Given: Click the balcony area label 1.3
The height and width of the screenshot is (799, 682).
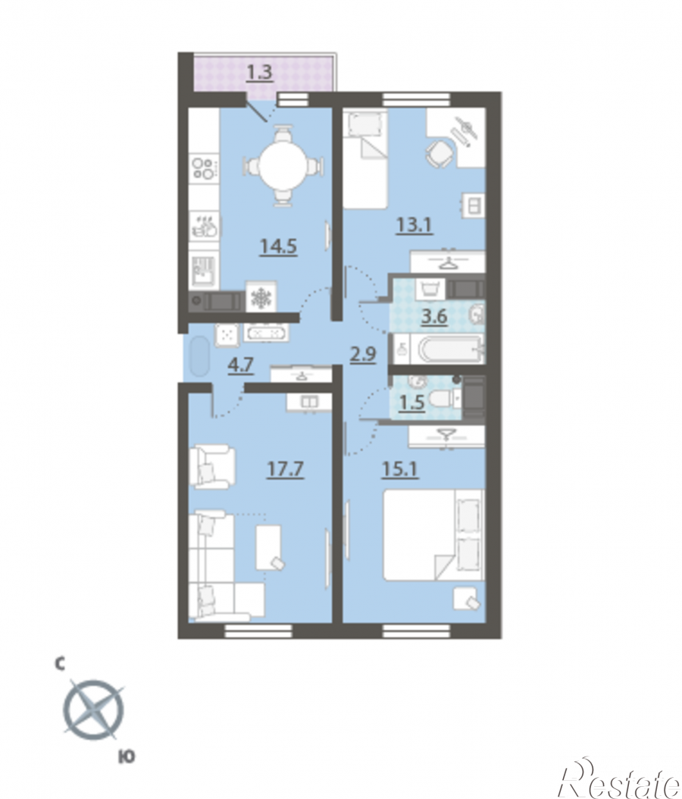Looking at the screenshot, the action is [260, 72].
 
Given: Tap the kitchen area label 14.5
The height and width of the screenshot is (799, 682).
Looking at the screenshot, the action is [279, 246].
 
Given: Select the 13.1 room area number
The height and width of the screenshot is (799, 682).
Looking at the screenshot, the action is [415, 224].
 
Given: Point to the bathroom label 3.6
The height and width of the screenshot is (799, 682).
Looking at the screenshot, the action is [434, 317].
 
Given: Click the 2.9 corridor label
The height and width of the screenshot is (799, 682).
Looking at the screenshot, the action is [363, 354].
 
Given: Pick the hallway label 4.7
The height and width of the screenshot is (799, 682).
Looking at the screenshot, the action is [241, 365].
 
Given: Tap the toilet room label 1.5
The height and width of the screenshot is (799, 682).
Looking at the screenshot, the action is [411, 403].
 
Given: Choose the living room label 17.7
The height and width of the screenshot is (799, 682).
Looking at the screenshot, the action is [285, 468].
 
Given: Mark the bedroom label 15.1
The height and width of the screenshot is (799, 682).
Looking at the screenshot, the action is [400, 468].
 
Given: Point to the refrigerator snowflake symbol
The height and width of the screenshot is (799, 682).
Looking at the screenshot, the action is [261, 296].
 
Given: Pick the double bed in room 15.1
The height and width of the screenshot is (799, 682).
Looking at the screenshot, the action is [433, 535].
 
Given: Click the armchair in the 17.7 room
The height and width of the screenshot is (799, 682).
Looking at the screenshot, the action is [212, 467].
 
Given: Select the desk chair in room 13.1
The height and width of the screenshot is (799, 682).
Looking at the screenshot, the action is [439, 153].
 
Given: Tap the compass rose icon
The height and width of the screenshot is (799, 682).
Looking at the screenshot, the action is [94, 710].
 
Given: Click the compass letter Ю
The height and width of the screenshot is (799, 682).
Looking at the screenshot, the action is [126, 757].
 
